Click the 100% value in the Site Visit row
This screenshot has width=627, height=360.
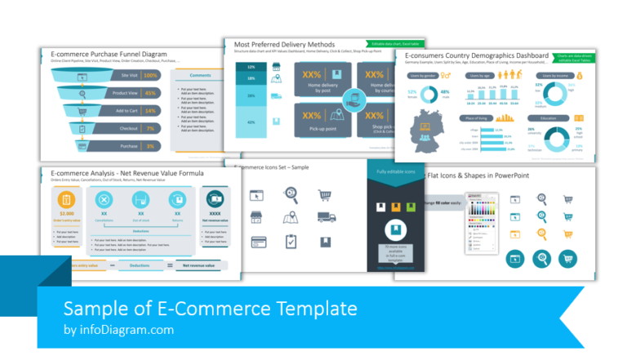[150, 75]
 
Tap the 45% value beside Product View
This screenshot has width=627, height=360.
[150, 92]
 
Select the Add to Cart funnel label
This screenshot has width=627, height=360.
[126, 110]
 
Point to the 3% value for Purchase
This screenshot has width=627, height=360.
[150, 146]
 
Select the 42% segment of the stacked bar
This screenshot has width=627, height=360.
[251, 122]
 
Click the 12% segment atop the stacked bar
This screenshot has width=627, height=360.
[251, 67]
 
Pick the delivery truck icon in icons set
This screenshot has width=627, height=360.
[324, 218]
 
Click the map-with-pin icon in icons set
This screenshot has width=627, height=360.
[291, 218]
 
